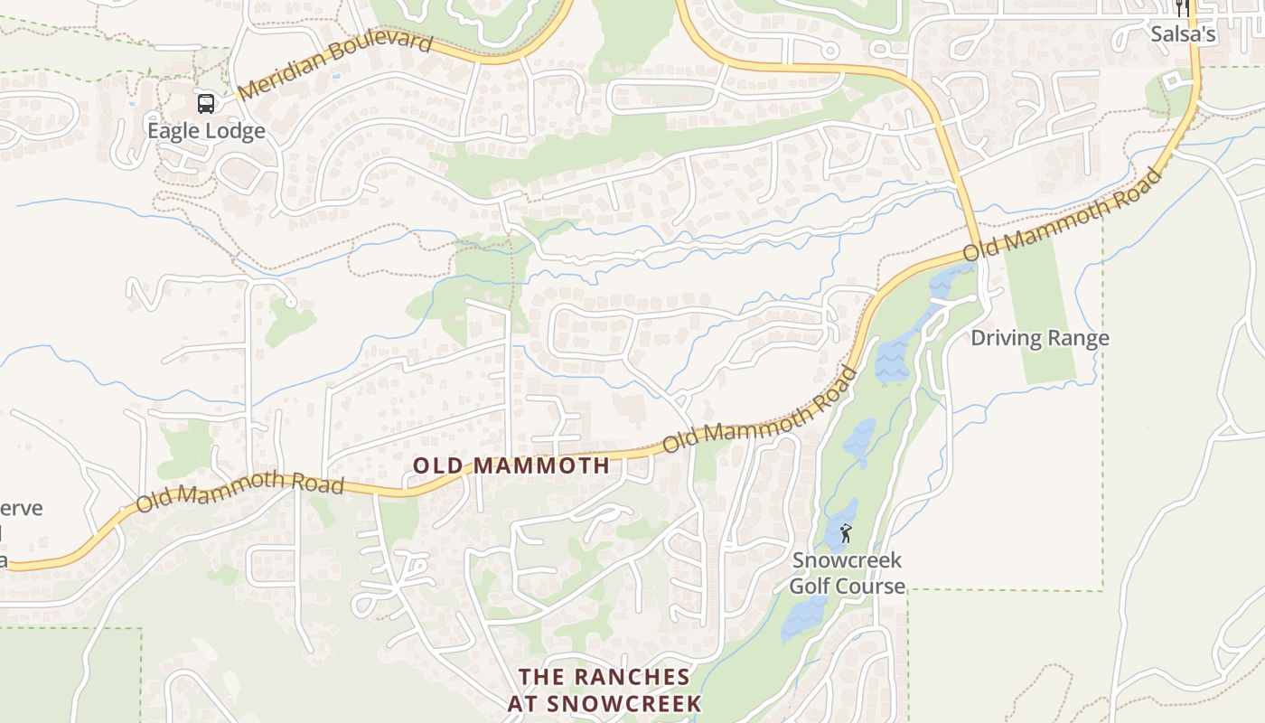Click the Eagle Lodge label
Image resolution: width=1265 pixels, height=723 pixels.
206,131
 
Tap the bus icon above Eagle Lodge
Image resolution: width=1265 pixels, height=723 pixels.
206,103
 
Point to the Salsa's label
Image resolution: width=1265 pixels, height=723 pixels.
1183,35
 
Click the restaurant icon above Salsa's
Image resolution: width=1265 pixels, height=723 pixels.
1182,9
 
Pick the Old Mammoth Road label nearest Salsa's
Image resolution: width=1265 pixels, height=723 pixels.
1063,215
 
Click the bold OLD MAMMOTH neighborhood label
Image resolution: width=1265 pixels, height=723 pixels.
511,466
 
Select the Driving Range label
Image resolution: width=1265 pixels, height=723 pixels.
1039,339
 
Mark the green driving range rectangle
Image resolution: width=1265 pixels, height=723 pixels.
1041,298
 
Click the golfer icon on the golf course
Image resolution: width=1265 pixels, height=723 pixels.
846,533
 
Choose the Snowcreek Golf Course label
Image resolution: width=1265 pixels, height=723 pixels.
847,573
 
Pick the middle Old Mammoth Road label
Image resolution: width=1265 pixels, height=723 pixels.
760,412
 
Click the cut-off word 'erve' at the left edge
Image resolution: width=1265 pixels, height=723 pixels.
22,508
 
